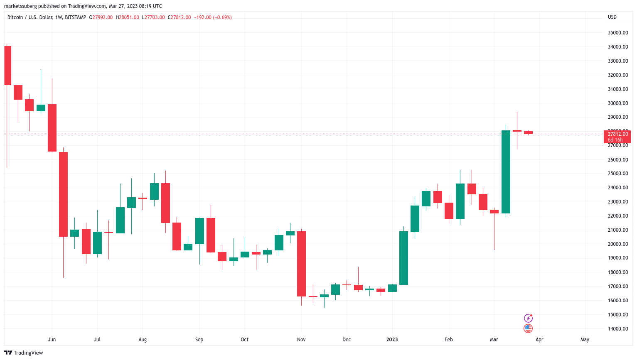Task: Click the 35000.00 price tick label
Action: point(617,33)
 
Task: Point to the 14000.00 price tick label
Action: point(617,329)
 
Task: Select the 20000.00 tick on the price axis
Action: point(617,244)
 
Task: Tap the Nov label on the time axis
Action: point(301,340)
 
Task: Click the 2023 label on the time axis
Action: point(392,340)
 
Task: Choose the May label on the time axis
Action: point(585,340)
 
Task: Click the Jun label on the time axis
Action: point(52,340)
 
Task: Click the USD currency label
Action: point(612,17)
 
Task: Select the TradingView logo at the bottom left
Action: point(24,353)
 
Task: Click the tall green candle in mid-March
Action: point(506,172)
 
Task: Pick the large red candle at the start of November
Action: point(301,264)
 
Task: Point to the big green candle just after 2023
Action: point(403,258)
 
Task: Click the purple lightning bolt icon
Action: point(528,318)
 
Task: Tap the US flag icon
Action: point(528,328)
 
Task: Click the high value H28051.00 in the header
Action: point(127,17)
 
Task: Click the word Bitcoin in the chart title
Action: point(15,17)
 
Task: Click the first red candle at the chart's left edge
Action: point(7,66)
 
